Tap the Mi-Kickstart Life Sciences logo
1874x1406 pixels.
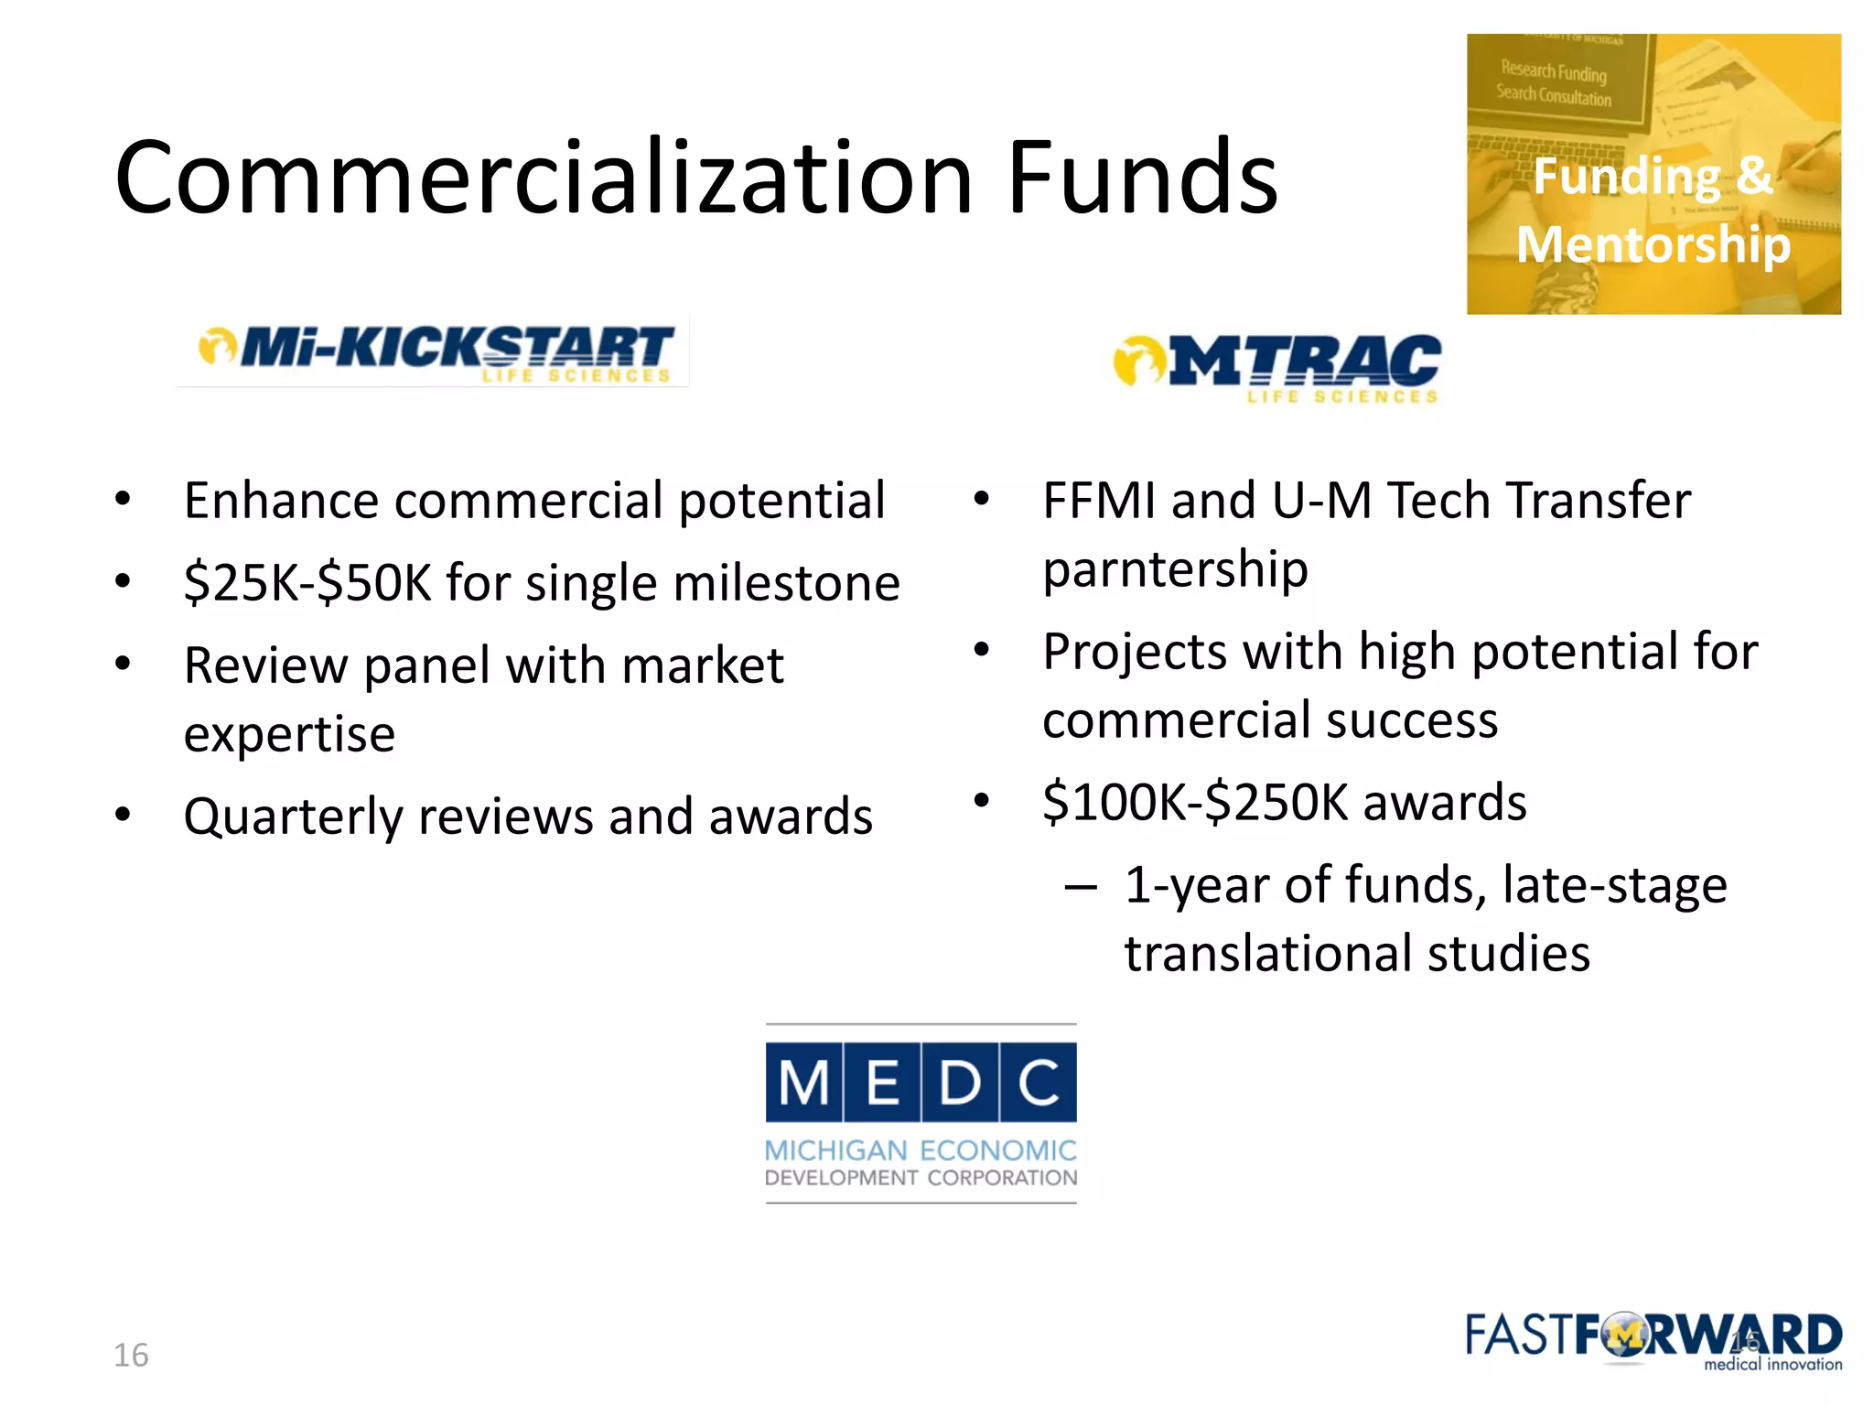pos(436,351)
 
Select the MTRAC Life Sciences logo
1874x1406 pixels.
pos(1277,367)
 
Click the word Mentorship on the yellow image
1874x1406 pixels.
pos(1653,244)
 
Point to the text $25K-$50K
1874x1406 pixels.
pos(307,583)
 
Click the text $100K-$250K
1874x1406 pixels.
pos(1194,803)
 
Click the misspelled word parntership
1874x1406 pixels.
pos(1175,569)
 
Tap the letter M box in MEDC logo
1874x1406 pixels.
pos(804,1082)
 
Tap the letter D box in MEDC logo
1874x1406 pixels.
pos(960,1082)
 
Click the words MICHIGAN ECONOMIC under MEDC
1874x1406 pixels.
pos(921,1151)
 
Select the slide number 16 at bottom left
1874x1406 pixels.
pos(131,1355)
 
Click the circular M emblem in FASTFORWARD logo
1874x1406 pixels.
pos(1623,1337)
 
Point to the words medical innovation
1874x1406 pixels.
pos(1772,1364)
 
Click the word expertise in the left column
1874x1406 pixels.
pos(289,734)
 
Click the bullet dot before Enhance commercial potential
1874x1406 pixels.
pos(123,500)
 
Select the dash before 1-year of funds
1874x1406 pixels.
pos(1081,886)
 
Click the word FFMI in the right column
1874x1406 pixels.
pos(1098,501)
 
